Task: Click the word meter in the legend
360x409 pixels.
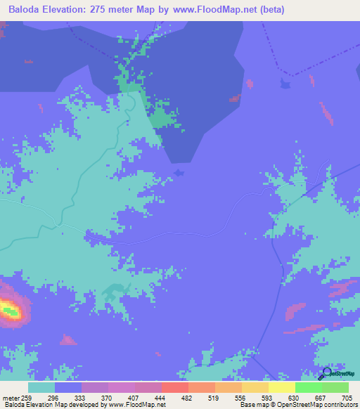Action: (11, 398)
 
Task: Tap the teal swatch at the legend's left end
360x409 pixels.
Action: (41, 387)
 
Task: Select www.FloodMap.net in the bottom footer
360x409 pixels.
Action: (138, 405)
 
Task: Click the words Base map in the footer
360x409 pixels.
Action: (251, 405)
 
